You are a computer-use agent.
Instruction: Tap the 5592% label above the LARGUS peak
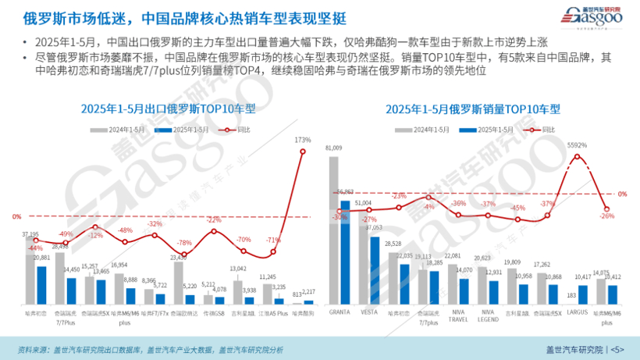coord(578,145)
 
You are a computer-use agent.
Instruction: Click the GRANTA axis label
coord(339,310)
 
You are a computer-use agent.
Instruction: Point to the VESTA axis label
coord(368,310)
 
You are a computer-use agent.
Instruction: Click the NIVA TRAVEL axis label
coord(458,313)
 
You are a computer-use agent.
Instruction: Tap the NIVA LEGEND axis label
coord(488,313)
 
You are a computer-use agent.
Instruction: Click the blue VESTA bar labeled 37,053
coord(374,266)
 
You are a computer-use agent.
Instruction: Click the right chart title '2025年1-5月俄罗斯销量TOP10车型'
coord(473,109)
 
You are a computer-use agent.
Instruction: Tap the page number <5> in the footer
coord(617,349)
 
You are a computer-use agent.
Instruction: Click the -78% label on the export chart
coord(185,243)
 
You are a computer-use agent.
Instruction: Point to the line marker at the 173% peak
coord(304,150)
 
